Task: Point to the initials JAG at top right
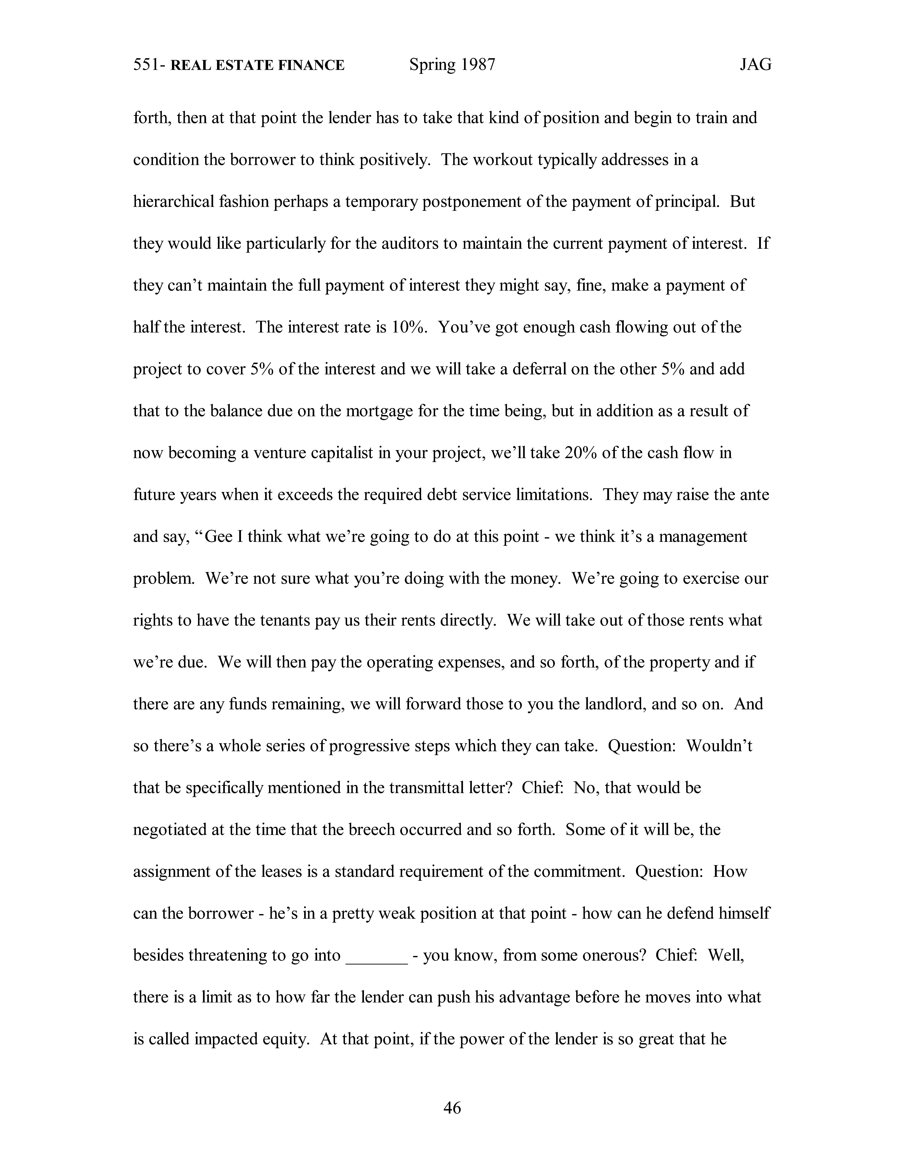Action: [x=755, y=65]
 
